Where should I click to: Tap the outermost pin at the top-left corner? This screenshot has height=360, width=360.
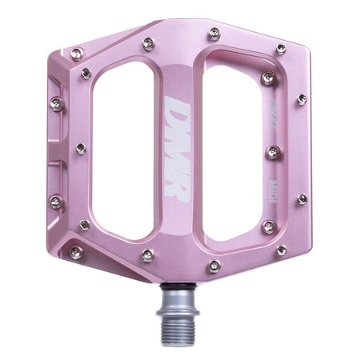pos(77,54)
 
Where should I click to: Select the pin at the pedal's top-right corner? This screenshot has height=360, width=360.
pos(281,50)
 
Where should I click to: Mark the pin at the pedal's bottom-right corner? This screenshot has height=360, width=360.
pos(281,250)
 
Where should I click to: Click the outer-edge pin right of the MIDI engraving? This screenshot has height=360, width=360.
pos(302,199)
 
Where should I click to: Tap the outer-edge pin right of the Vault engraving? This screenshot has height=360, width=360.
pos(301,100)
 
